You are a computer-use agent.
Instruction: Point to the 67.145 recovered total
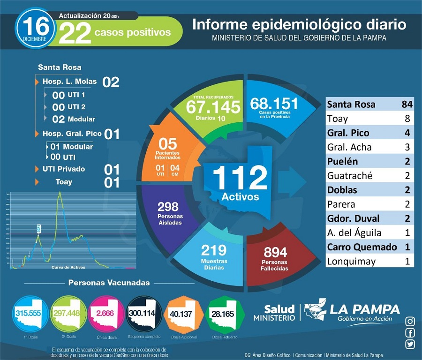(x=213, y=106)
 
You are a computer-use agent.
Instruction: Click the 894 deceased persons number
(x=275, y=252)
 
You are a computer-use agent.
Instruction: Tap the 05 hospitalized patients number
(x=167, y=143)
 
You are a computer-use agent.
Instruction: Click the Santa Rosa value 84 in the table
(x=406, y=104)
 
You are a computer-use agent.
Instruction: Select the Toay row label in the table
(x=338, y=118)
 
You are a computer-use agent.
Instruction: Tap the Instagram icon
(x=410, y=321)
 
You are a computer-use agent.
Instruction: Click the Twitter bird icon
(x=410, y=345)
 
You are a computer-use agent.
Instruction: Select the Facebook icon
(x=410, y=333)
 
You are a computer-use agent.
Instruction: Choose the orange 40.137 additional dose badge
(x=181, y=313)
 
